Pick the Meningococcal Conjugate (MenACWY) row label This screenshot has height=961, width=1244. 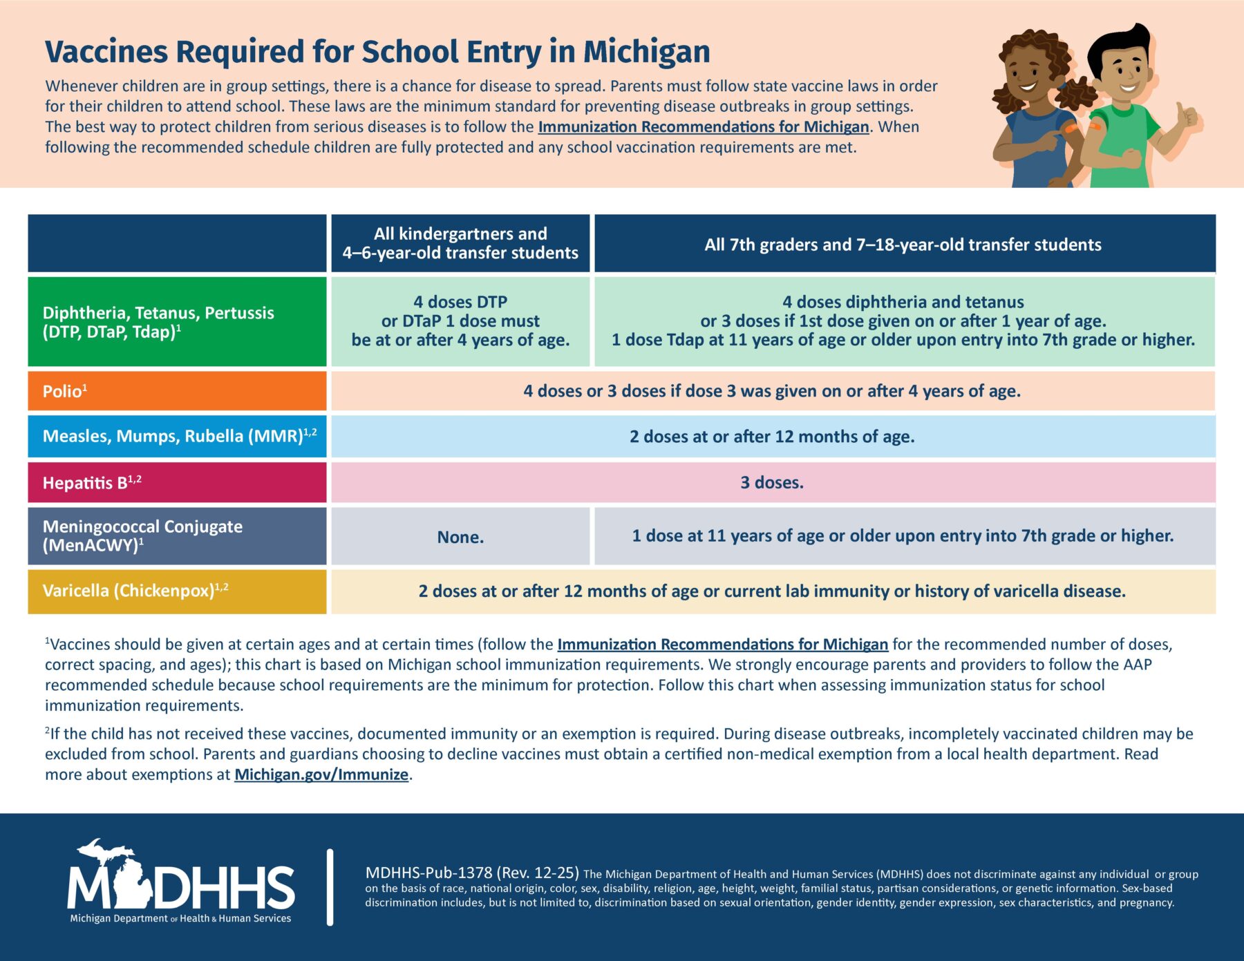coord(142,535)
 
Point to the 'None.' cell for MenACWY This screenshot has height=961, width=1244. coord(460,537)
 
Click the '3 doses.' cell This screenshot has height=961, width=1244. coord(772,482)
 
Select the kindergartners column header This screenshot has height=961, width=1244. coord(460,243)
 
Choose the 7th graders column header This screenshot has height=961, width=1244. coord(903,245)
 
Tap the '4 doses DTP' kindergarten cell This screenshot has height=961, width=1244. coord(460,321)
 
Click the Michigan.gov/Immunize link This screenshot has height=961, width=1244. coord(321,774)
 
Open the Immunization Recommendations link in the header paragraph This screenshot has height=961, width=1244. coord(703,127)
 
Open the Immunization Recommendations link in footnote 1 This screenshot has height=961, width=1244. coord(722,645)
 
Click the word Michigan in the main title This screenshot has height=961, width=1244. coord(646,52)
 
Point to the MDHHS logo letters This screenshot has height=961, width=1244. coord(182,886)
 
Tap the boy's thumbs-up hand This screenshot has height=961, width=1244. coord(1187,117)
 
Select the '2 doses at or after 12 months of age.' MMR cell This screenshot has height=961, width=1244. coord(772,437)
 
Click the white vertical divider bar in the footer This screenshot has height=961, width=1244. coord(330,887)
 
